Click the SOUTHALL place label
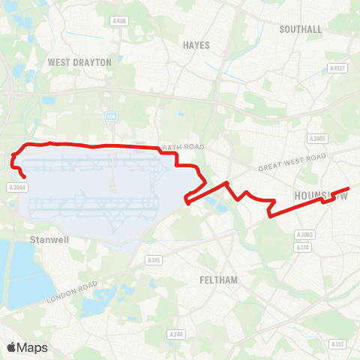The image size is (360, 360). click(300, 29)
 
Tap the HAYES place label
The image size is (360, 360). click(196, 45)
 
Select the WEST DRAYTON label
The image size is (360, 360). click(79, 61)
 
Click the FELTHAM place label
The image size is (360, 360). click(219, 280)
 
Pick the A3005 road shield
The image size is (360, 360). click(318, 139)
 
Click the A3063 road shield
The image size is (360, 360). click(304, 235)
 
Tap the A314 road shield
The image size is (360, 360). click(302, 247)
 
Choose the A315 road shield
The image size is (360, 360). click(154, 259)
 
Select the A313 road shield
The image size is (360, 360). click(337, 344)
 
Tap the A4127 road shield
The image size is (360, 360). click(337, 67)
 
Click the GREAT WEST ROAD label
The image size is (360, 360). click(291, 163)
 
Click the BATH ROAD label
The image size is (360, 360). click(184, 145)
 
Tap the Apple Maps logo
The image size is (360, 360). click(27, 347)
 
